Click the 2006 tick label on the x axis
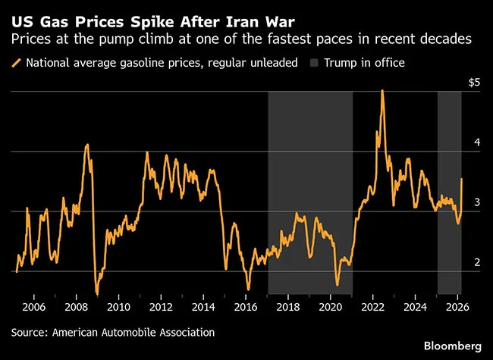(x=35, y=307)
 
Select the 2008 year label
(x=77, y=307)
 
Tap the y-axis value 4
(x=476, y=142)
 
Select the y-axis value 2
(x=476, y=262)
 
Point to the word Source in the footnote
(x=30, y=332)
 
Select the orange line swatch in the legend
(x=17, y=63)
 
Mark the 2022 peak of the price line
(x=382, y=90)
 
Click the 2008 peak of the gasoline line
(x=88, y=144)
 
